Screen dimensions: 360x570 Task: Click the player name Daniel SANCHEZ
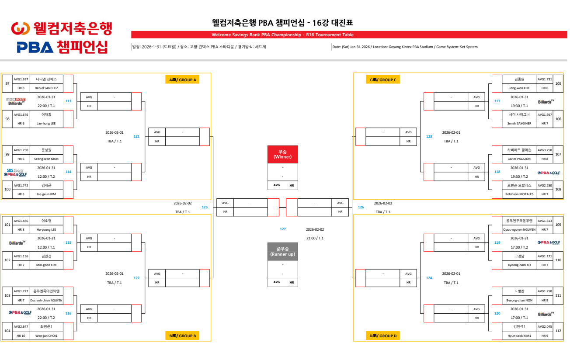(x=46, y=88)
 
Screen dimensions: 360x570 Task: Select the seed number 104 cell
(x=7, y=331)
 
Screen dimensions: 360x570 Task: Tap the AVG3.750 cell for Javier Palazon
(x=545, y=150)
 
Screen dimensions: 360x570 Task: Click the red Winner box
(x=282, y=154)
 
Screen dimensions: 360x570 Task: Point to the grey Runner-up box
(x=282, y=252)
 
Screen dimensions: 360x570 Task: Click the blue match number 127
(x=283, y=229)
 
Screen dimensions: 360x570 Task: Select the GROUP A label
(x=183, y=80)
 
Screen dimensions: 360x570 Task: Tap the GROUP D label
(x=383, y=336)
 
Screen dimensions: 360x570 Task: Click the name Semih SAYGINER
(x=519, y=123)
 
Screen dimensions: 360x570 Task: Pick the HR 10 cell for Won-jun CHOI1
(x=21, y=336)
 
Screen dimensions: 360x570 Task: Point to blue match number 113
(x=68, y=101)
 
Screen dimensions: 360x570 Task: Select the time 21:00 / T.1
(x=315, y=238)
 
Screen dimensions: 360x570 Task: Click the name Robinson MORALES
(x=519, y=194)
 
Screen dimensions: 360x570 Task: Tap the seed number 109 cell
(x=558, y=225)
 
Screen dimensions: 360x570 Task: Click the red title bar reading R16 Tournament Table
(x=282, y=35)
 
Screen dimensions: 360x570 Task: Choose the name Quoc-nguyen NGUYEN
(x=519, y=229)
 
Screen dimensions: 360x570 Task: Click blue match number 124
(x=429, y=278)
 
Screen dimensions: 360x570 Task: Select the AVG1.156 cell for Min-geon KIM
(x=21, y=256)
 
